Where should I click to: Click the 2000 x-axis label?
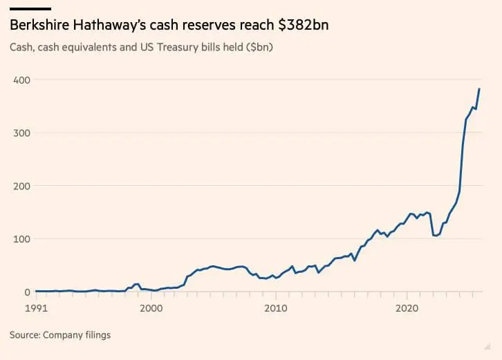point(151,307)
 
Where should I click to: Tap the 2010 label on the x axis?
point(276,307)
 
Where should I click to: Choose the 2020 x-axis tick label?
point(407,307)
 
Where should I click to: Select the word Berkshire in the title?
point(39,26)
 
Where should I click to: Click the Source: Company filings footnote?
point(60,335)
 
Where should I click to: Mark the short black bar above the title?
point(30,8)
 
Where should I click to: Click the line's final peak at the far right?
point(479,89)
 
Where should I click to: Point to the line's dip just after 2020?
point(436,236)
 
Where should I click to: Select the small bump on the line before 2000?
point(137,284)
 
